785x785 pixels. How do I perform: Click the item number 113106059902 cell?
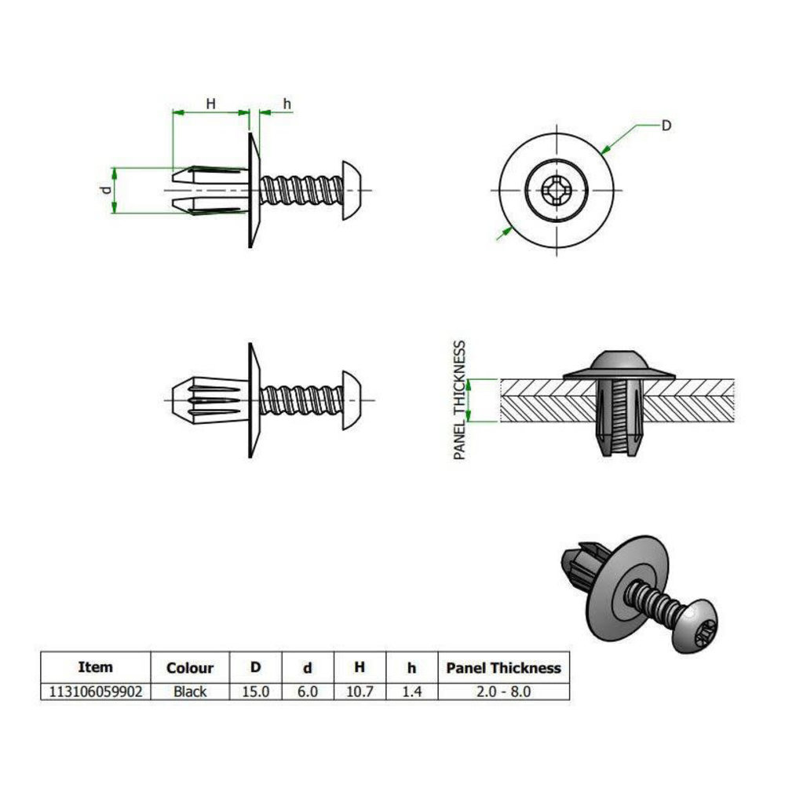[x=95, y=692]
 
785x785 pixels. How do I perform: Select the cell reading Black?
[x=190, y=692]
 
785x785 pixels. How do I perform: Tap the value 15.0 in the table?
[x=256, y=692]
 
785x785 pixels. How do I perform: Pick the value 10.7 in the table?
[x=360, y=692]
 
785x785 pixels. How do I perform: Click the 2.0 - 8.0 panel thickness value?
[x=503, y=692]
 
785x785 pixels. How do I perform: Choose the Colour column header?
[x=190, y=668]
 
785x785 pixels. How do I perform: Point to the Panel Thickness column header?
[x=503, y=668]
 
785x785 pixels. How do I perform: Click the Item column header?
[x=95, y=667]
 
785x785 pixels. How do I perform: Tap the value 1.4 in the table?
[x=411, y=692]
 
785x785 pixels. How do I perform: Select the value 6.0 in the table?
[x=308, y=692]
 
